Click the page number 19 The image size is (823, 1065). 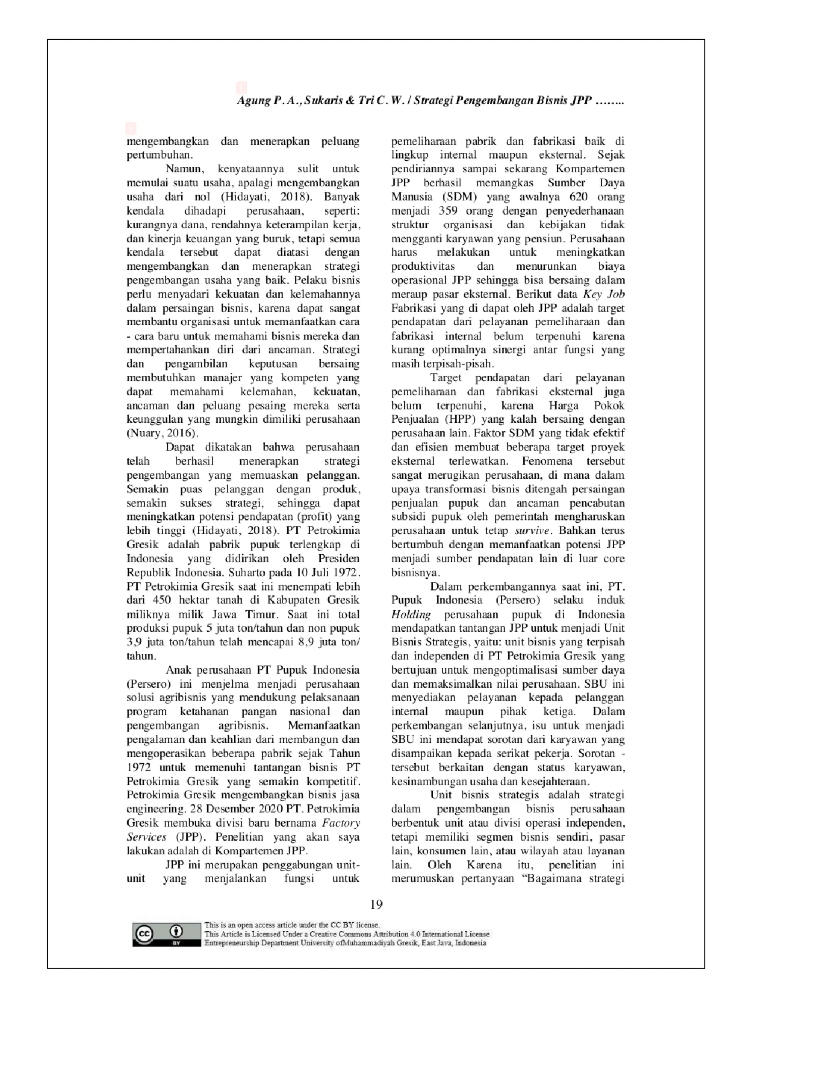376,905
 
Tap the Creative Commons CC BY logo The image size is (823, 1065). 166,934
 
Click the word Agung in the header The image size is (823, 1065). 253,100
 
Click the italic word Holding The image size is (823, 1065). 411,614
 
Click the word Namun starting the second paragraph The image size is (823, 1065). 184,169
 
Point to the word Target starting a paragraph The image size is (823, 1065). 446,377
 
